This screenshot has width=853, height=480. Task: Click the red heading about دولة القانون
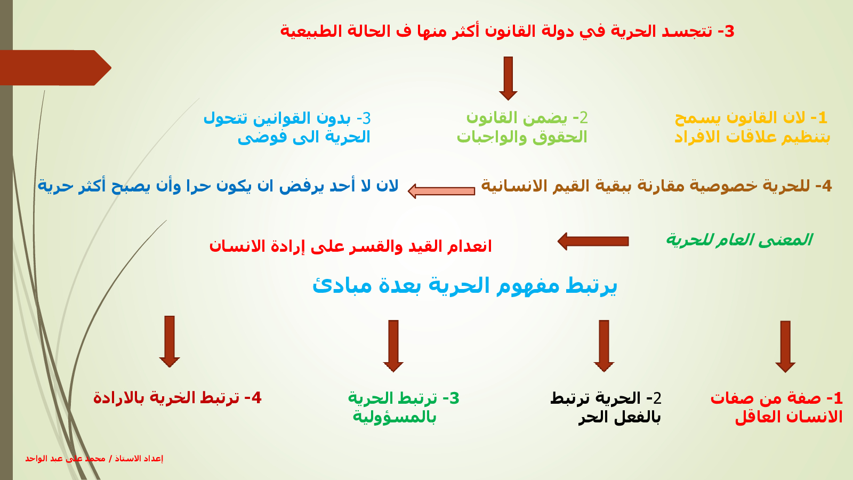pyautogui.click(x=507, y=31)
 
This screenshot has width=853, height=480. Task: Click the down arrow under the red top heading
pyautogui.click(x=508, y=78)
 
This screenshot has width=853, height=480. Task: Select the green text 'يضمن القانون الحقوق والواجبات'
pyautogui.click(x=522, y=127)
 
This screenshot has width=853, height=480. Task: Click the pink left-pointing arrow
pyautogui.click(x=441, y=191)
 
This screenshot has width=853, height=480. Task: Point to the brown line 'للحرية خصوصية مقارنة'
pyautogui.click(x=656, y=186)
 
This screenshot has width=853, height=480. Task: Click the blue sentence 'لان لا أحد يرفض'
pyautogui.click(x=218, y=186)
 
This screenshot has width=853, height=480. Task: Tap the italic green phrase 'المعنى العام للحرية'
pyautogui.click(x=739, y=240)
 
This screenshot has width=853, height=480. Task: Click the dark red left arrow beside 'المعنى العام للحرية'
pyautogui.click(x=593, y=241)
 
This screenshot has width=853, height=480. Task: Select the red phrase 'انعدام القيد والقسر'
pyautogui.click(x=350, y=246)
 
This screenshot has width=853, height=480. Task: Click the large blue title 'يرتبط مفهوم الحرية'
pyautogui.click(x=464, y=286)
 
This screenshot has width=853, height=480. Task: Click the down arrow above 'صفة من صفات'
pyautogui.click(x=785, y=347)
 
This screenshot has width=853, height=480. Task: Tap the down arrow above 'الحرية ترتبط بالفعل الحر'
pyautogui.click(x=604, y=346)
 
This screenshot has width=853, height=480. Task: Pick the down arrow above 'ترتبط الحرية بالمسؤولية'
pyautogui.click(x=393, y=346)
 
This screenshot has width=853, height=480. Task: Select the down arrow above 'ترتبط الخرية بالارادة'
pyautogui.click(x=170, y=342)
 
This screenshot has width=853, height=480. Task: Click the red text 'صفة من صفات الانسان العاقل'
pyautogui.click(x=777, y=407)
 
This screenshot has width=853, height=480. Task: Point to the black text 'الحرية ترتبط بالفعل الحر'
pyautogui.click(x=606, y=407)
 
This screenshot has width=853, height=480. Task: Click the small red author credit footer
pyautogui.click(x=94, y=458)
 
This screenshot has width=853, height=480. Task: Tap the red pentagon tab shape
pyautogui.click(x=55, y=68)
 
